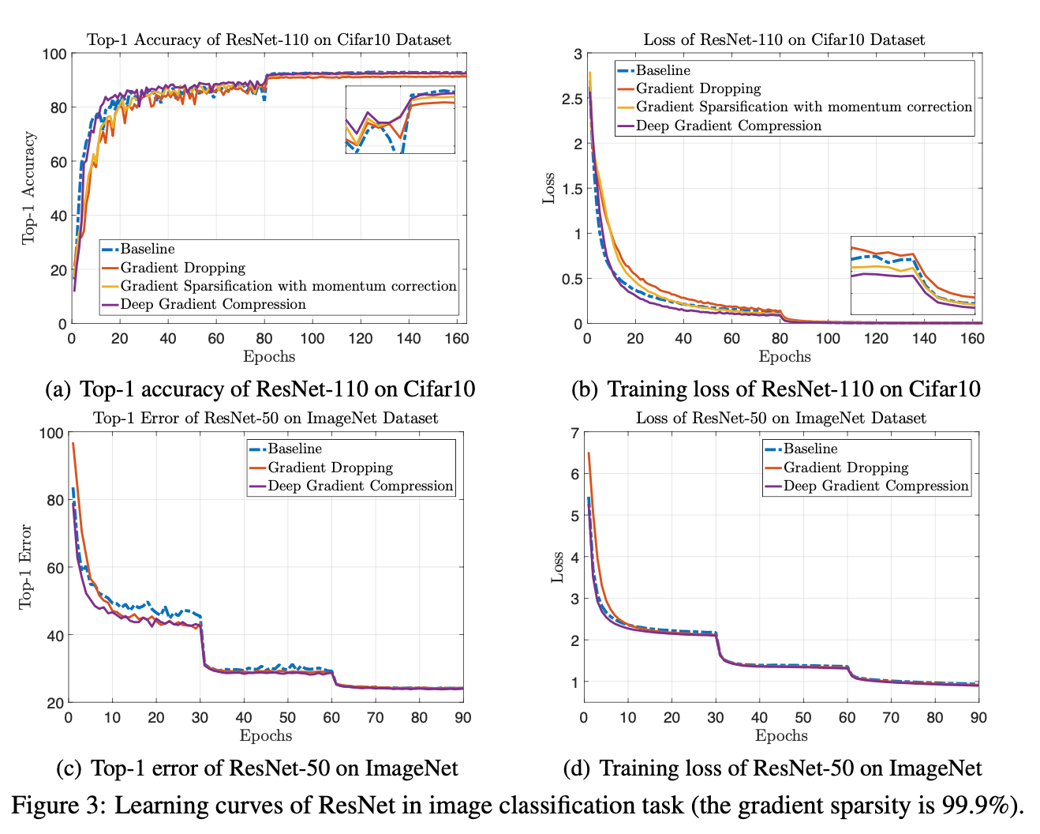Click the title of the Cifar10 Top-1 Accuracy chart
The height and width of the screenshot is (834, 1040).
268,39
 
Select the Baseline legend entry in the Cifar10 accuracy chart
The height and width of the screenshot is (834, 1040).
148,250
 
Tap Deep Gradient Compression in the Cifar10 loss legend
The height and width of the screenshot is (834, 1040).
728,126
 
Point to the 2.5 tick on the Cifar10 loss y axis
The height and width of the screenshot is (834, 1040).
572,99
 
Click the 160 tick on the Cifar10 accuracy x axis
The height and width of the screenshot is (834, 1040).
456,338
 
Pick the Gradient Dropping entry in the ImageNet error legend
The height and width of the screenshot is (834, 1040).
330,468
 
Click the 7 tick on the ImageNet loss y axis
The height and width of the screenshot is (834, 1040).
575,432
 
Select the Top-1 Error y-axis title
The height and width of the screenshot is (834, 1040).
26,566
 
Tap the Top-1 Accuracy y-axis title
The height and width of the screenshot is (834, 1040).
28,188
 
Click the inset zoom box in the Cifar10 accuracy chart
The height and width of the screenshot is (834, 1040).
400,119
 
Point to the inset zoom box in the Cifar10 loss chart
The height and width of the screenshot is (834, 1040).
913,276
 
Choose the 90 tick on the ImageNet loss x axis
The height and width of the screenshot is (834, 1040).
978,718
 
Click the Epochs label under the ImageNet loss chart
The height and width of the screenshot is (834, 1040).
781,736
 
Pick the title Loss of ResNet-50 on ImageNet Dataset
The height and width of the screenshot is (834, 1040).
781,418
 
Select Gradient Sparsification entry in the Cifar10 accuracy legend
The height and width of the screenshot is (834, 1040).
288,286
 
